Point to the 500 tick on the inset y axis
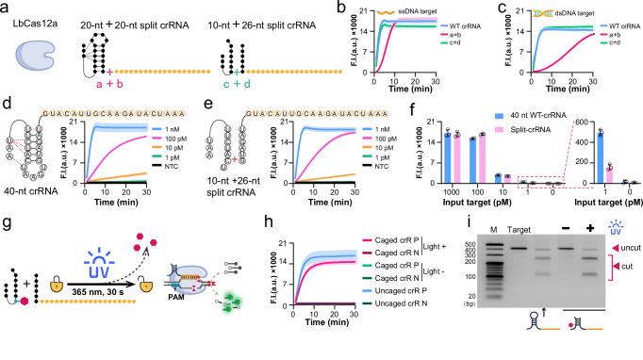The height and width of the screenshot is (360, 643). click(x=562, y=133)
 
